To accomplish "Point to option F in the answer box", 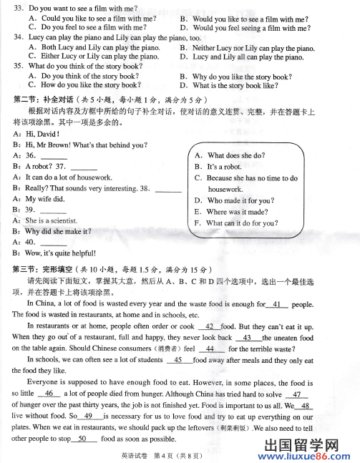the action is pyautogui.click(x=198, y=223).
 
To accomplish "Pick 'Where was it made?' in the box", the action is pyautogui.click(x=237, y=212).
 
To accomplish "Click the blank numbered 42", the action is pyautogui.click(x=210, y=326).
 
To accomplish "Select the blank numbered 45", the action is pyautogui.click(x=178, y=359).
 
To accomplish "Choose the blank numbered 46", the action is pyautogui.click(x=49, y=393).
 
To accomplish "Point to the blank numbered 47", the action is pyautogui.click(x=296, y=394).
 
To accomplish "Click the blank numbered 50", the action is pyautogui.click(x=82, y=438).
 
